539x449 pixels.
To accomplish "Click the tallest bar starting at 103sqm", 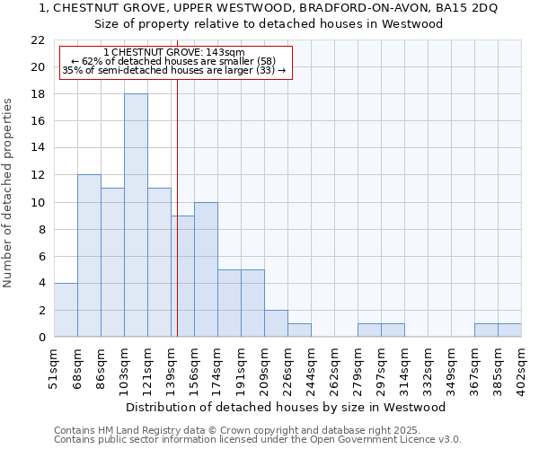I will pos(136,216).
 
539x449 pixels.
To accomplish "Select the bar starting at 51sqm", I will pos(66,310).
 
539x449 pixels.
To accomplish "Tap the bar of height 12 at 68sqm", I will pos(89,256).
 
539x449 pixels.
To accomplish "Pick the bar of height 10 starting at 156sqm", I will pos(206,269).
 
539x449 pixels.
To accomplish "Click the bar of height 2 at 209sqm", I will pos(276,323).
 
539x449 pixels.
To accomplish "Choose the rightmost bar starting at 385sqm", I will pos(509,330).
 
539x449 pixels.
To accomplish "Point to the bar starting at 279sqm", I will pos(369,330).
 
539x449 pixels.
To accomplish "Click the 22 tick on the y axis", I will pos(38,40).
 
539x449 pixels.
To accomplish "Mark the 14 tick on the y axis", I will pos(38,148).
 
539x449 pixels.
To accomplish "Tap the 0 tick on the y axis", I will pos(41,338).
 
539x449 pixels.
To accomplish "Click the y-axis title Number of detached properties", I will pos(9,193).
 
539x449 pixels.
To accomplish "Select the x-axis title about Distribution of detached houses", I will pos(286,407).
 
